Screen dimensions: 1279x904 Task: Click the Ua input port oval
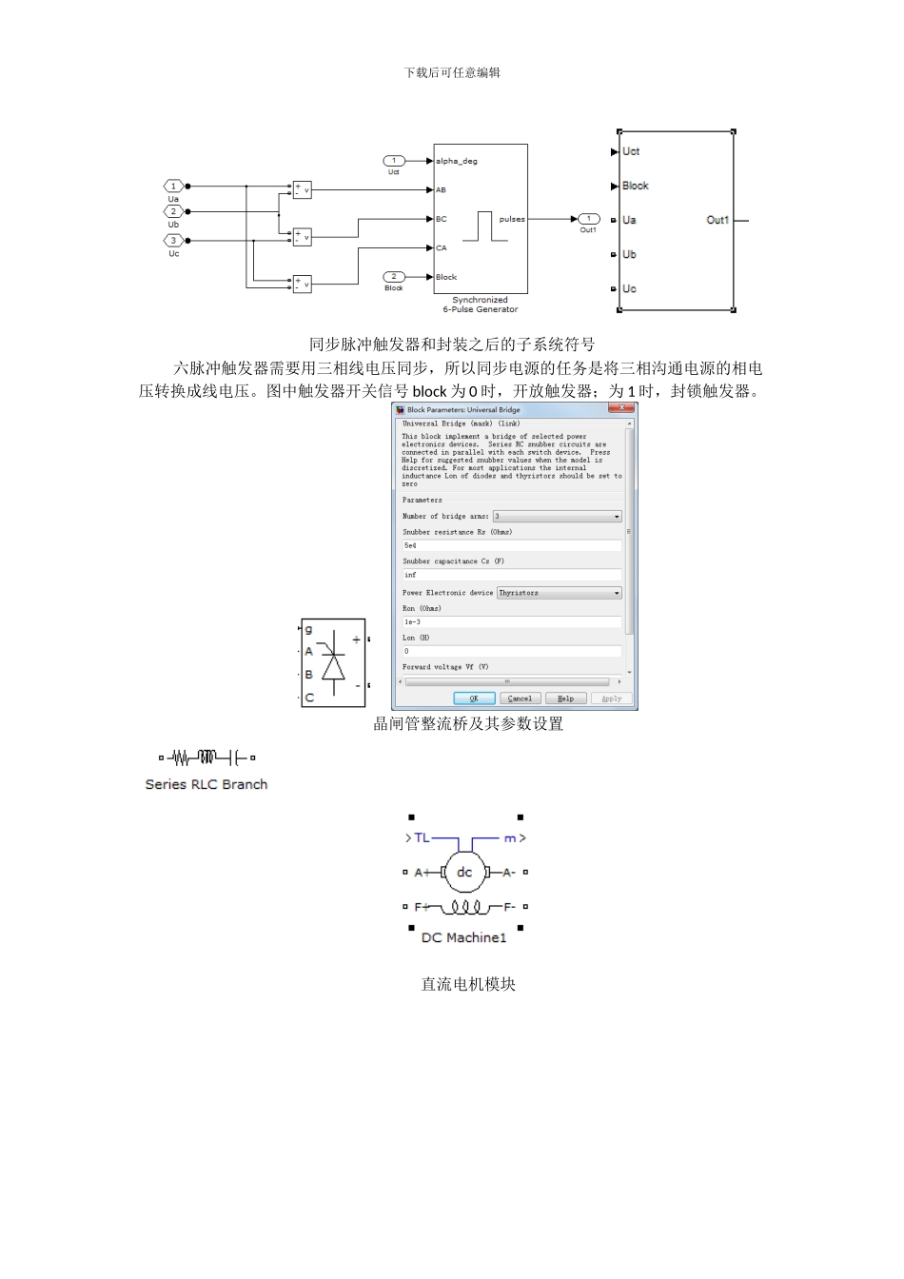173,187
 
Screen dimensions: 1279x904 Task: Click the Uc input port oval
173,240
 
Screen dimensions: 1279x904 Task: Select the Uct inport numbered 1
394,161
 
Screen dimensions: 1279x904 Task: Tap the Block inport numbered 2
394,277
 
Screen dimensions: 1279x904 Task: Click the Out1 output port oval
589,219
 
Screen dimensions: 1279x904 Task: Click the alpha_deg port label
457,161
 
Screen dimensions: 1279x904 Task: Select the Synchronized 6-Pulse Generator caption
481,305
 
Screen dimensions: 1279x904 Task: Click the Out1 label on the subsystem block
717,220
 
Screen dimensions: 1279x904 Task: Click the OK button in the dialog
474,699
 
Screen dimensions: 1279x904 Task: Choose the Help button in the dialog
565,699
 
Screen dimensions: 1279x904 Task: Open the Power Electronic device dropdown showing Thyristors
560,593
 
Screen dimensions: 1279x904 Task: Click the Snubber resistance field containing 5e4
512,545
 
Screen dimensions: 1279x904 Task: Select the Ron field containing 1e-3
512,621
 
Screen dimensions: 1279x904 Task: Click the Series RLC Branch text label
206,784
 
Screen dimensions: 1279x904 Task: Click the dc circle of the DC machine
464,872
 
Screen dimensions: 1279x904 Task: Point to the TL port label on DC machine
422,838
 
